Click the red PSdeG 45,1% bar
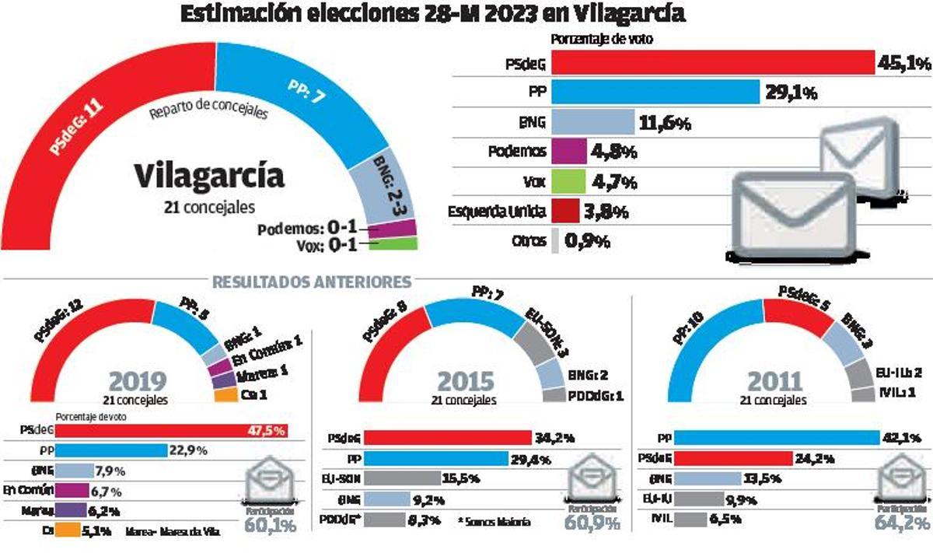coord(712,62)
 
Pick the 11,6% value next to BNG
coord(665,123)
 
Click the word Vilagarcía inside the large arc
coord(209,176)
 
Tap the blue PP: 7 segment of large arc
coord(303,86)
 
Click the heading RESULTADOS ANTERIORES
coord(311,281)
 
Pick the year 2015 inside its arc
coord(465,383)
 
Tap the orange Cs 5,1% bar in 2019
coord(66,532)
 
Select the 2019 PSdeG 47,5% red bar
coord(171,430)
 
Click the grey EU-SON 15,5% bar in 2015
coord(402,479)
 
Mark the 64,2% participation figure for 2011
coord(902,523)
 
